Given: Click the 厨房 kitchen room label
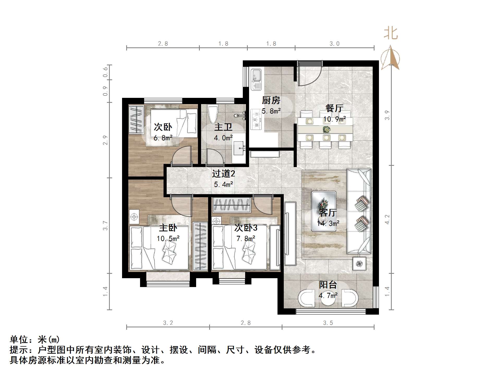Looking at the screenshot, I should click(271, 100).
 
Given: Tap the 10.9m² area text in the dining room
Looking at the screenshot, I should click(334, 119).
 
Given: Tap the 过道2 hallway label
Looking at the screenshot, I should click(224, 174).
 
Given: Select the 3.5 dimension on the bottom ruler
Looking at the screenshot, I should click(328, 323).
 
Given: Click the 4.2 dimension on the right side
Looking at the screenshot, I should click(387, 219).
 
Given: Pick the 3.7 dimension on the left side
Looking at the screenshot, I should click(105, 225).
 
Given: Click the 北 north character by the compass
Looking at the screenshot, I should click(390, 34).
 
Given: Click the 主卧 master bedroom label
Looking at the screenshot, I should click(168, 228).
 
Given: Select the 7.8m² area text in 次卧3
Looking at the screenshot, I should click(246, 238).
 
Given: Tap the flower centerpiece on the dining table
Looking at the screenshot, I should click(325, 129).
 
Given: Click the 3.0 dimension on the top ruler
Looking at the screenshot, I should click(334, 44).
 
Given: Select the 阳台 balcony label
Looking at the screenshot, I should click(328, 285).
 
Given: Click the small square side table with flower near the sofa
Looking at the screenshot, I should click(359, 264).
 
